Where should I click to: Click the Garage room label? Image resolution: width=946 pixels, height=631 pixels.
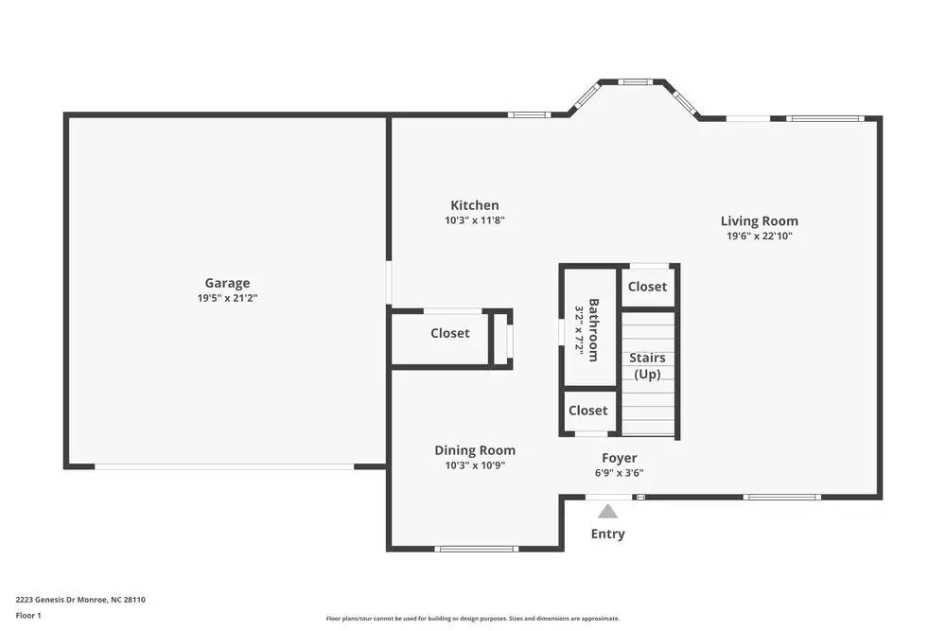point(227,283)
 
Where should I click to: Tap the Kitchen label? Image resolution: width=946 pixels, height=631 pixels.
point(474,205)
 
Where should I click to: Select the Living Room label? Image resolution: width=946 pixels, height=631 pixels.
point(759,221)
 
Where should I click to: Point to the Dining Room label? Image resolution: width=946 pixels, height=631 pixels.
point(475,450)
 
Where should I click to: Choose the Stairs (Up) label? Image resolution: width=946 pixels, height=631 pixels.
point(648,366)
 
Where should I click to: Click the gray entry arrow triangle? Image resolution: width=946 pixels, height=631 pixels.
point(607,512)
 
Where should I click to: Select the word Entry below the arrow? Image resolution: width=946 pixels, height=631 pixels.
point(607,534)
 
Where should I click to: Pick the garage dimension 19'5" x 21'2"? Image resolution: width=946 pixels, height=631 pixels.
point(227,298)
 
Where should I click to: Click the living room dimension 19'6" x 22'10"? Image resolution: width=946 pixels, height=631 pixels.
point(759,237)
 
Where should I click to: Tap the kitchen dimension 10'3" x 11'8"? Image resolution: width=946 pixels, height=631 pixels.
point(474,220)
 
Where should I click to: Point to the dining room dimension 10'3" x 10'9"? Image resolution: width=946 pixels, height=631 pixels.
point(475,465)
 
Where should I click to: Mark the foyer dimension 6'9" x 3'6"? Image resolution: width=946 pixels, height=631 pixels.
point(619,473)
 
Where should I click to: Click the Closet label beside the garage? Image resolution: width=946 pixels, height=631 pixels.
point(450,333)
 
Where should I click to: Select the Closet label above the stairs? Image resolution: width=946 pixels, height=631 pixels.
point(647,287)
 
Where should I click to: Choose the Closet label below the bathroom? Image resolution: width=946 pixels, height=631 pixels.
point(588,411)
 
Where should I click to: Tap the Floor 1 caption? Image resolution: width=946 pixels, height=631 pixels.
point(28,615)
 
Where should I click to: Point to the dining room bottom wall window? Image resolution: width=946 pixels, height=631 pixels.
point(477,549)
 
